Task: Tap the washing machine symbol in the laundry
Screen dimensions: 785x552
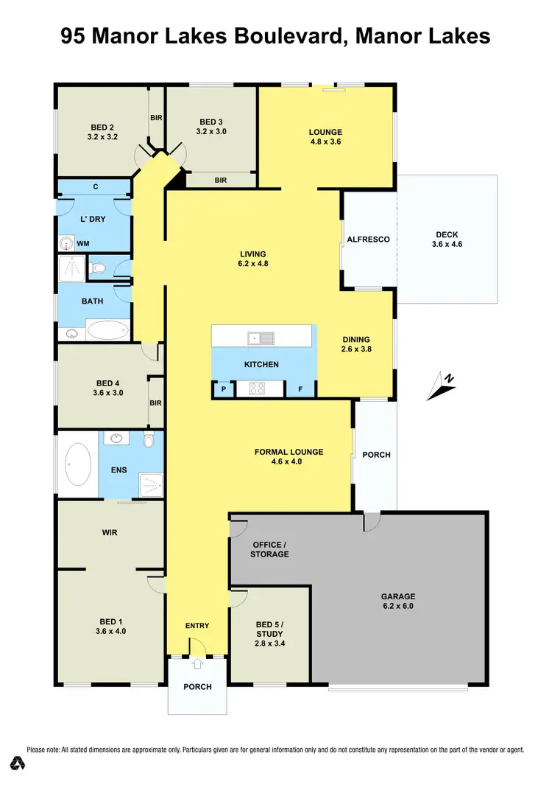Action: coord(66,243)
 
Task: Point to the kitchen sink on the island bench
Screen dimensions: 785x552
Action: coord(261,338)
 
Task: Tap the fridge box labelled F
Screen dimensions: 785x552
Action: coord(300,388)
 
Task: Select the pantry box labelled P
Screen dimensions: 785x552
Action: coord(222,389)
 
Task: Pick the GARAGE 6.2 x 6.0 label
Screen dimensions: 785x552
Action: coord(398,601)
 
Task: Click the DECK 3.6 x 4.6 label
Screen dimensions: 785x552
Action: coord(447,240)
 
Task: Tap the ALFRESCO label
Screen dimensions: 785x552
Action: coord(368,240)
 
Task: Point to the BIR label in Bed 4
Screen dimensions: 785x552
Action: coord(155,403)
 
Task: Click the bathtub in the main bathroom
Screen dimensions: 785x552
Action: coord(107,329)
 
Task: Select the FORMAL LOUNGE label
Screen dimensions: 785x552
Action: coord(289,457)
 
